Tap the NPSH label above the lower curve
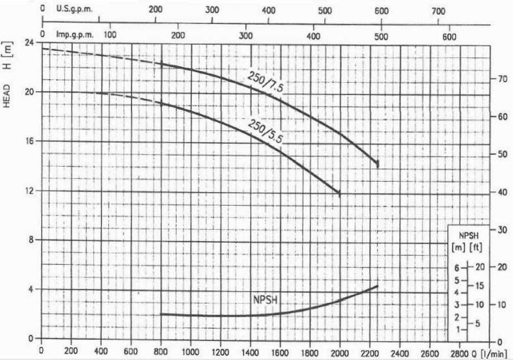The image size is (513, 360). pos(266,300)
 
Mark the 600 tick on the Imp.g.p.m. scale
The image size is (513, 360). pos(449,35)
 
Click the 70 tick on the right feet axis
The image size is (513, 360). pos(501,79)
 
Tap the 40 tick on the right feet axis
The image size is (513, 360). pos(501,193)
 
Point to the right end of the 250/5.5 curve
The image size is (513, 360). pos(339,193)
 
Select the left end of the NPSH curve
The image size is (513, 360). pos(161,314)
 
